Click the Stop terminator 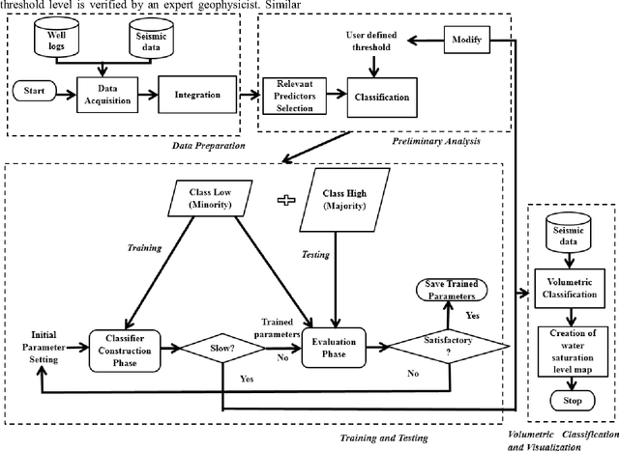tap(568, 399)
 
